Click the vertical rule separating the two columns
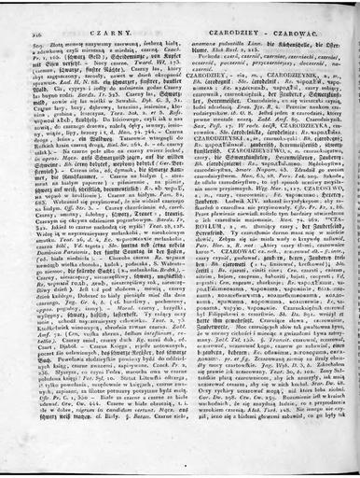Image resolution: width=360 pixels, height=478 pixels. tap(180, 233)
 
